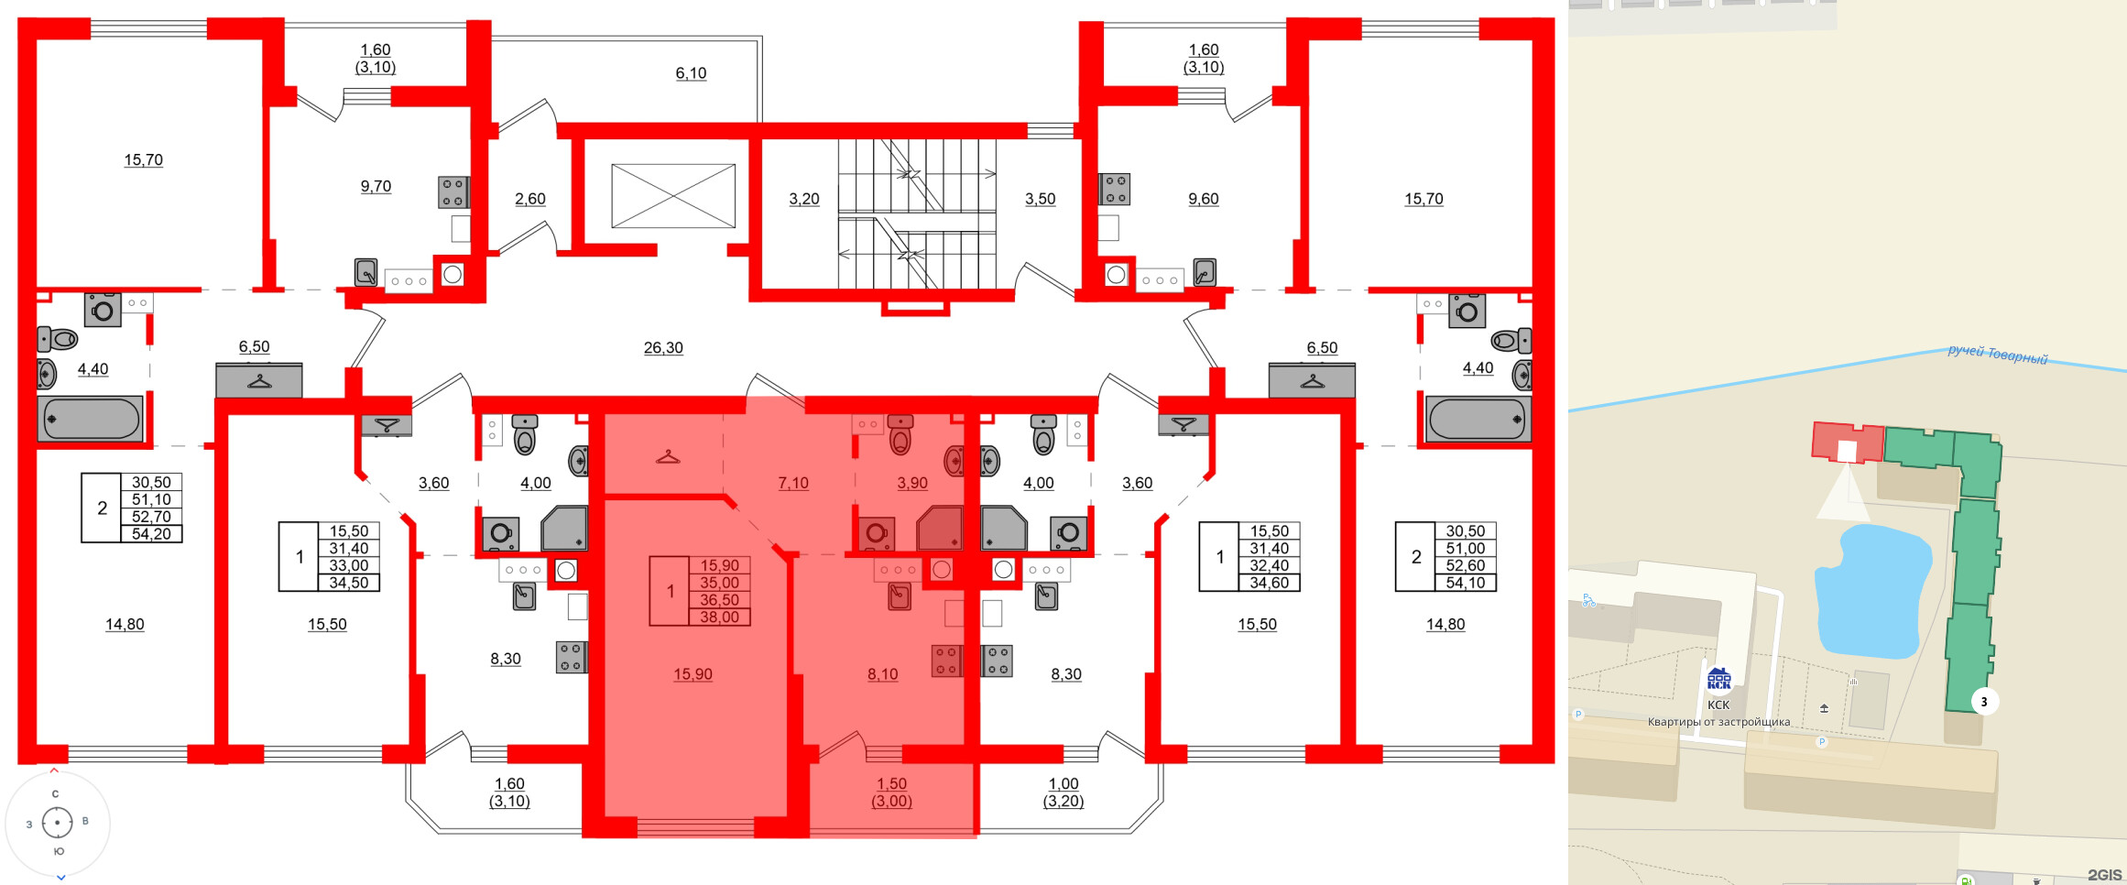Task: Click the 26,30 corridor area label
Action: coord(663,347)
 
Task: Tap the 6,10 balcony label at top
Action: coord(691,73)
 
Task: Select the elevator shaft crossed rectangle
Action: coord(673,196)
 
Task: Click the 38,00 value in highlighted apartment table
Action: coord(719,617)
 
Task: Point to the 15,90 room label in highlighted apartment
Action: coord(693,674)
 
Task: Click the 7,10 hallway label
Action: coord(793,483)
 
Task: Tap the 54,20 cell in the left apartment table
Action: coord(151,534)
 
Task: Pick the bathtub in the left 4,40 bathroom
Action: coord(90,420)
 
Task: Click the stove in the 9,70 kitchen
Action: coord(453,192)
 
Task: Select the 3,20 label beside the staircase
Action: coord(804,199)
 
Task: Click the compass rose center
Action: coord(58,823)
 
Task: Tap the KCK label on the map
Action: coord(1718,705)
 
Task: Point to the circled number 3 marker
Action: coord(1984,702)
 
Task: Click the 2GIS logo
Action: coord(2105,875)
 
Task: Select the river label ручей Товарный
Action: coord(1997,355)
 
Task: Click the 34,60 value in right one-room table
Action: coord(1269,583)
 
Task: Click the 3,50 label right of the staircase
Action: coord(1040,199)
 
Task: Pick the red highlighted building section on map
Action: coord(1846,442)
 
